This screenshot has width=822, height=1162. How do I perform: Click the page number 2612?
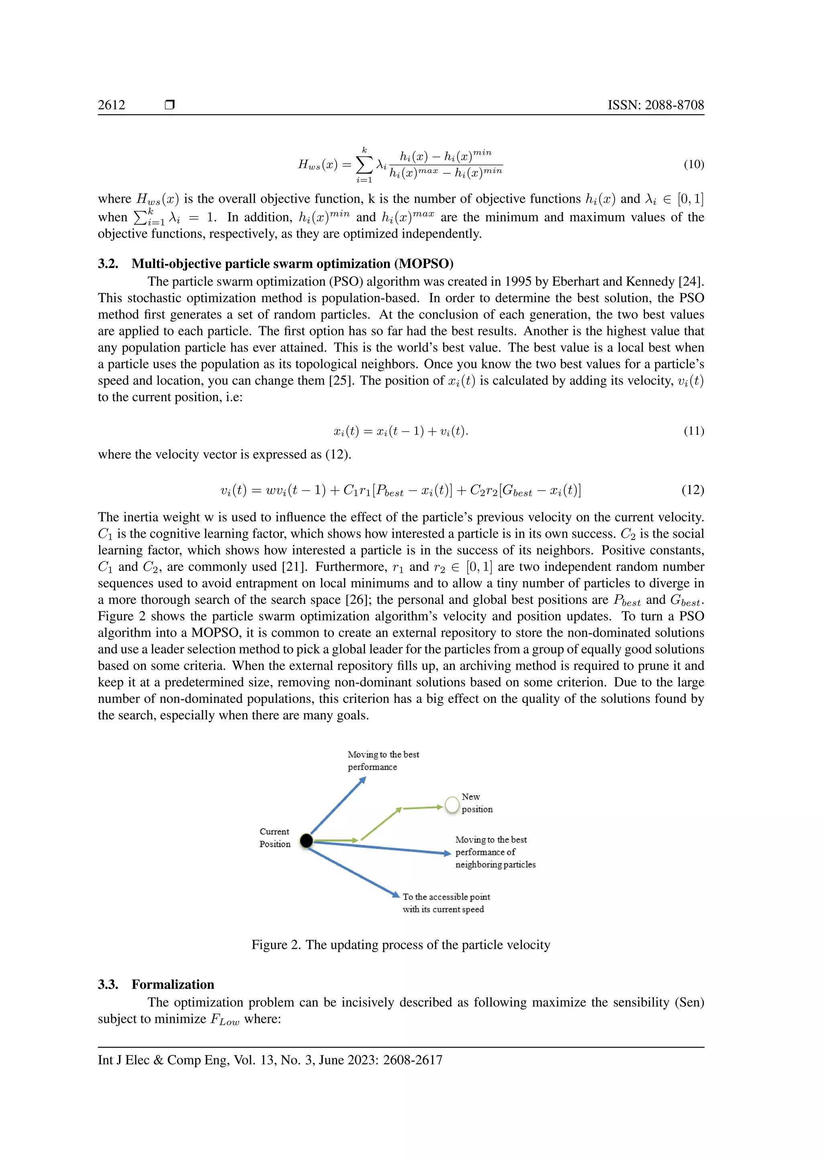click(x=111, y=105)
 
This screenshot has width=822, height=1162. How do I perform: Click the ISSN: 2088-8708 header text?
click(x=655, y=105)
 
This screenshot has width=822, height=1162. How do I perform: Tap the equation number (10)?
click(x=694, y=165)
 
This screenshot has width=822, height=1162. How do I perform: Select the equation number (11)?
click(x=694, y=431)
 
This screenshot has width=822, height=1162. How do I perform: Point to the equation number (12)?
click(x=692, y=490)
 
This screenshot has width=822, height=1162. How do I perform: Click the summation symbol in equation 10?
click(x=364, y=165)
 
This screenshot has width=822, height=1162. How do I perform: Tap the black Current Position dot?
click(x=306, y=841)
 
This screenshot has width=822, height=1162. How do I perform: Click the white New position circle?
click(x=452, y=805)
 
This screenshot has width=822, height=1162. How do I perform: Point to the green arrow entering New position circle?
click(x=423, y=808)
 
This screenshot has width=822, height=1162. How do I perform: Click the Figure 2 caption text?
click(x=401, y=945)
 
